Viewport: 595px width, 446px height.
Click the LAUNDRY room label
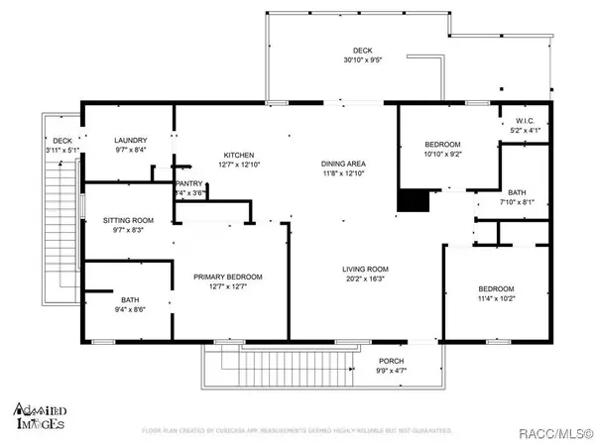[130, 140]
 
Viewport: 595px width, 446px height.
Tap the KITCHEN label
[239, 156]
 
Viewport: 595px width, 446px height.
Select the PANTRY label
[188, 183]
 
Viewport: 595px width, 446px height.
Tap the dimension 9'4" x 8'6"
[130, 308]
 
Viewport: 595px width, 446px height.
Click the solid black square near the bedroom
[409, 200]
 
